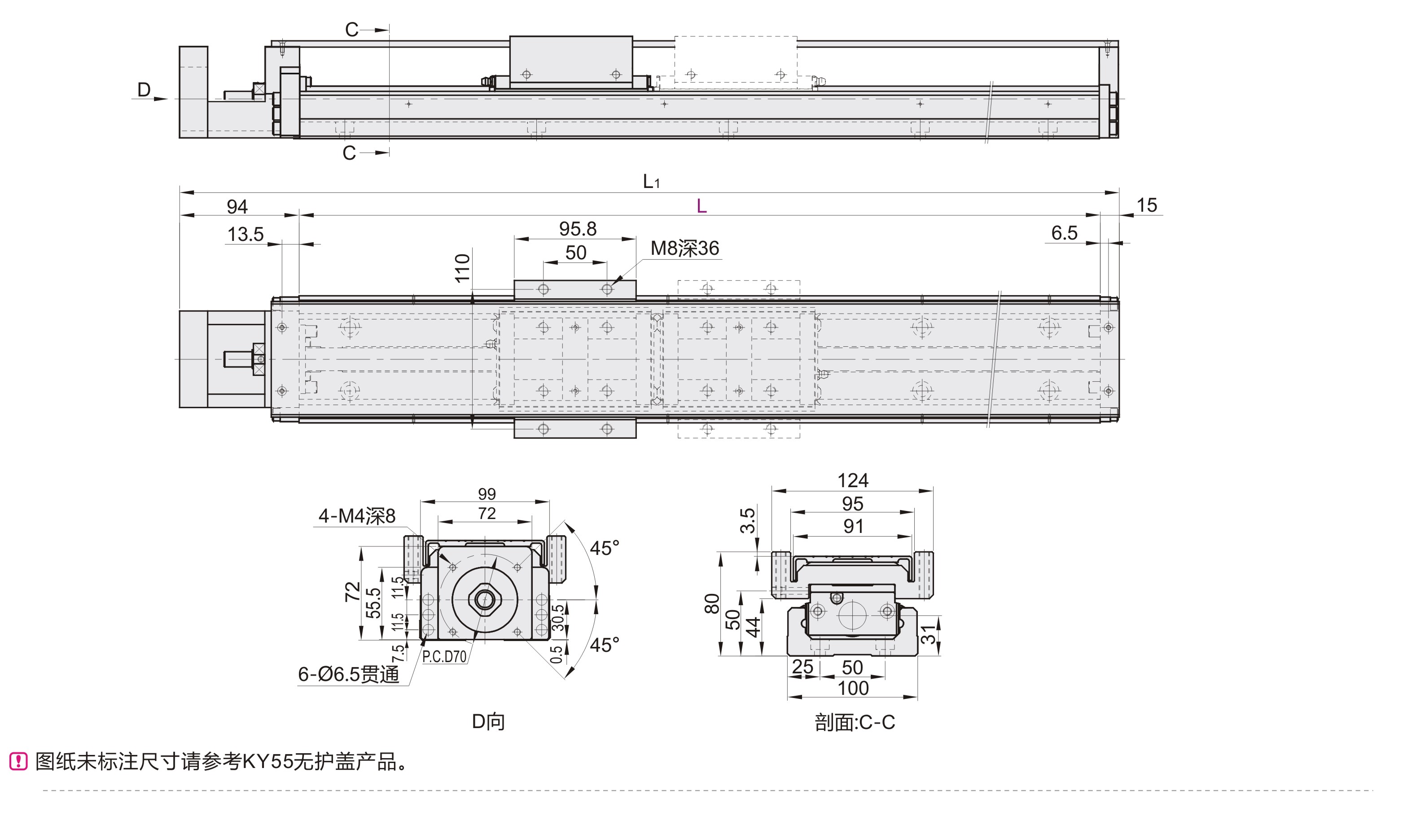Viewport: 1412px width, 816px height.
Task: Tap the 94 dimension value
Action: click(x=237, y=207)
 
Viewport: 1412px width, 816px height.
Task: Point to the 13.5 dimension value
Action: click(x=246, y=234)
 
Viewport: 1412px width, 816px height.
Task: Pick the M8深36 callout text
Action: click(x=685, y=248)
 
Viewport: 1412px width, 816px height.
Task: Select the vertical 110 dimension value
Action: click(x=462, y=268)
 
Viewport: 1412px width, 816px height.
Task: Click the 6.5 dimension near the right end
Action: click(x=1064, y=232)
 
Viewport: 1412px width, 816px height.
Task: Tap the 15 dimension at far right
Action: click(x=1146, y=205)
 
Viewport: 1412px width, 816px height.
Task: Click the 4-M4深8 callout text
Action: click(x=357, y=516)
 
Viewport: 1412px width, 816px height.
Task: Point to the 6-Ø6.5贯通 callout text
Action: click(x=349, y=674)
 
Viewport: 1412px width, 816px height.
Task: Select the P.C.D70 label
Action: click(x=444, y=656)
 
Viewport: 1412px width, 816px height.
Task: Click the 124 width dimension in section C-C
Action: click(x=852, y=480)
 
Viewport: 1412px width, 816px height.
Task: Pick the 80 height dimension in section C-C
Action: click(x=711, y=604)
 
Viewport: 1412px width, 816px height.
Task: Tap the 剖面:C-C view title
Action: click(x=855, y=723)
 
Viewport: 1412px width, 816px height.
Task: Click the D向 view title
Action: click(x=488, y=721)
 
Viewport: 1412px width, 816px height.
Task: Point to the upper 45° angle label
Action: click(x=604, y=548)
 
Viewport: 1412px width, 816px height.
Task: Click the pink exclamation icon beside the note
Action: click(x=18, y=761)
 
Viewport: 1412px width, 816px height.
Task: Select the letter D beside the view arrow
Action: click(x=144, y=90)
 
